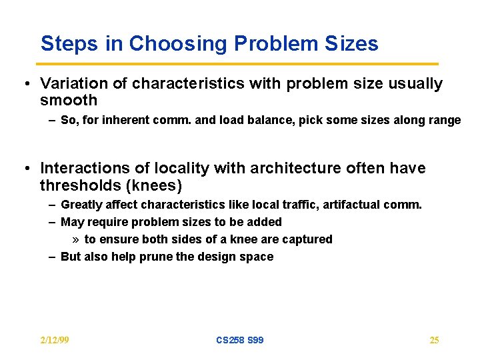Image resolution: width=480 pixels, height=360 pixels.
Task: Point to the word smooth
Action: click(x=69, y=101)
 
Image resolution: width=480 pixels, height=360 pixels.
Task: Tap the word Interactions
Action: click(x=84, y=168)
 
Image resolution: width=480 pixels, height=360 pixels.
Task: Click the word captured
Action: click(x=309, y=239)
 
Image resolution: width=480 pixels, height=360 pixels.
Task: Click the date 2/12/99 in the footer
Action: click(x=55, y=340)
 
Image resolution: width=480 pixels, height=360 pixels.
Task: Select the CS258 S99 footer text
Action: click(x=240, y=340)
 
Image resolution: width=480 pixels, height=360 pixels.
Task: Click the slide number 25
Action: click(x=434, y=340)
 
